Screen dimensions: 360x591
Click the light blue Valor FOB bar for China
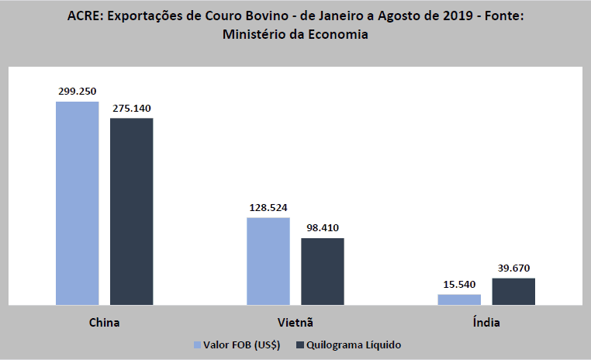[x=78, y=203]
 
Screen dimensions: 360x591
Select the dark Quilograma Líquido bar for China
[x=131, y=211]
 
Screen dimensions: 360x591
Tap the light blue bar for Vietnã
[x=268, y=261]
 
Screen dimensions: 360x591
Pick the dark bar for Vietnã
[x=322, y=271]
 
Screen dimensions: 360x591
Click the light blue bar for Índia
[x=459, y=299]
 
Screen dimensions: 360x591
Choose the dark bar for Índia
[x=513, y=291]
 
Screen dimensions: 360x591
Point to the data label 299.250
[x=78, y=92]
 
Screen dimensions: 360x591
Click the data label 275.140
[x=131, y=109]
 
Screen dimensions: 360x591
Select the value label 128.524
[x=268, y=208]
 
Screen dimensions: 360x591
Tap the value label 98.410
[x=322, y=228]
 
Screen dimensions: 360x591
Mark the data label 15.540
[x=459, y=285]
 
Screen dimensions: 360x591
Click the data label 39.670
[x=513, y=268]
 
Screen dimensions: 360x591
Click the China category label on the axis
[x=104, y=320]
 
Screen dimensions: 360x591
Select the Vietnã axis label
[x=295, y=320]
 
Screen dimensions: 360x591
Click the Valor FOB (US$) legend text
[x=242, y=344]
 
